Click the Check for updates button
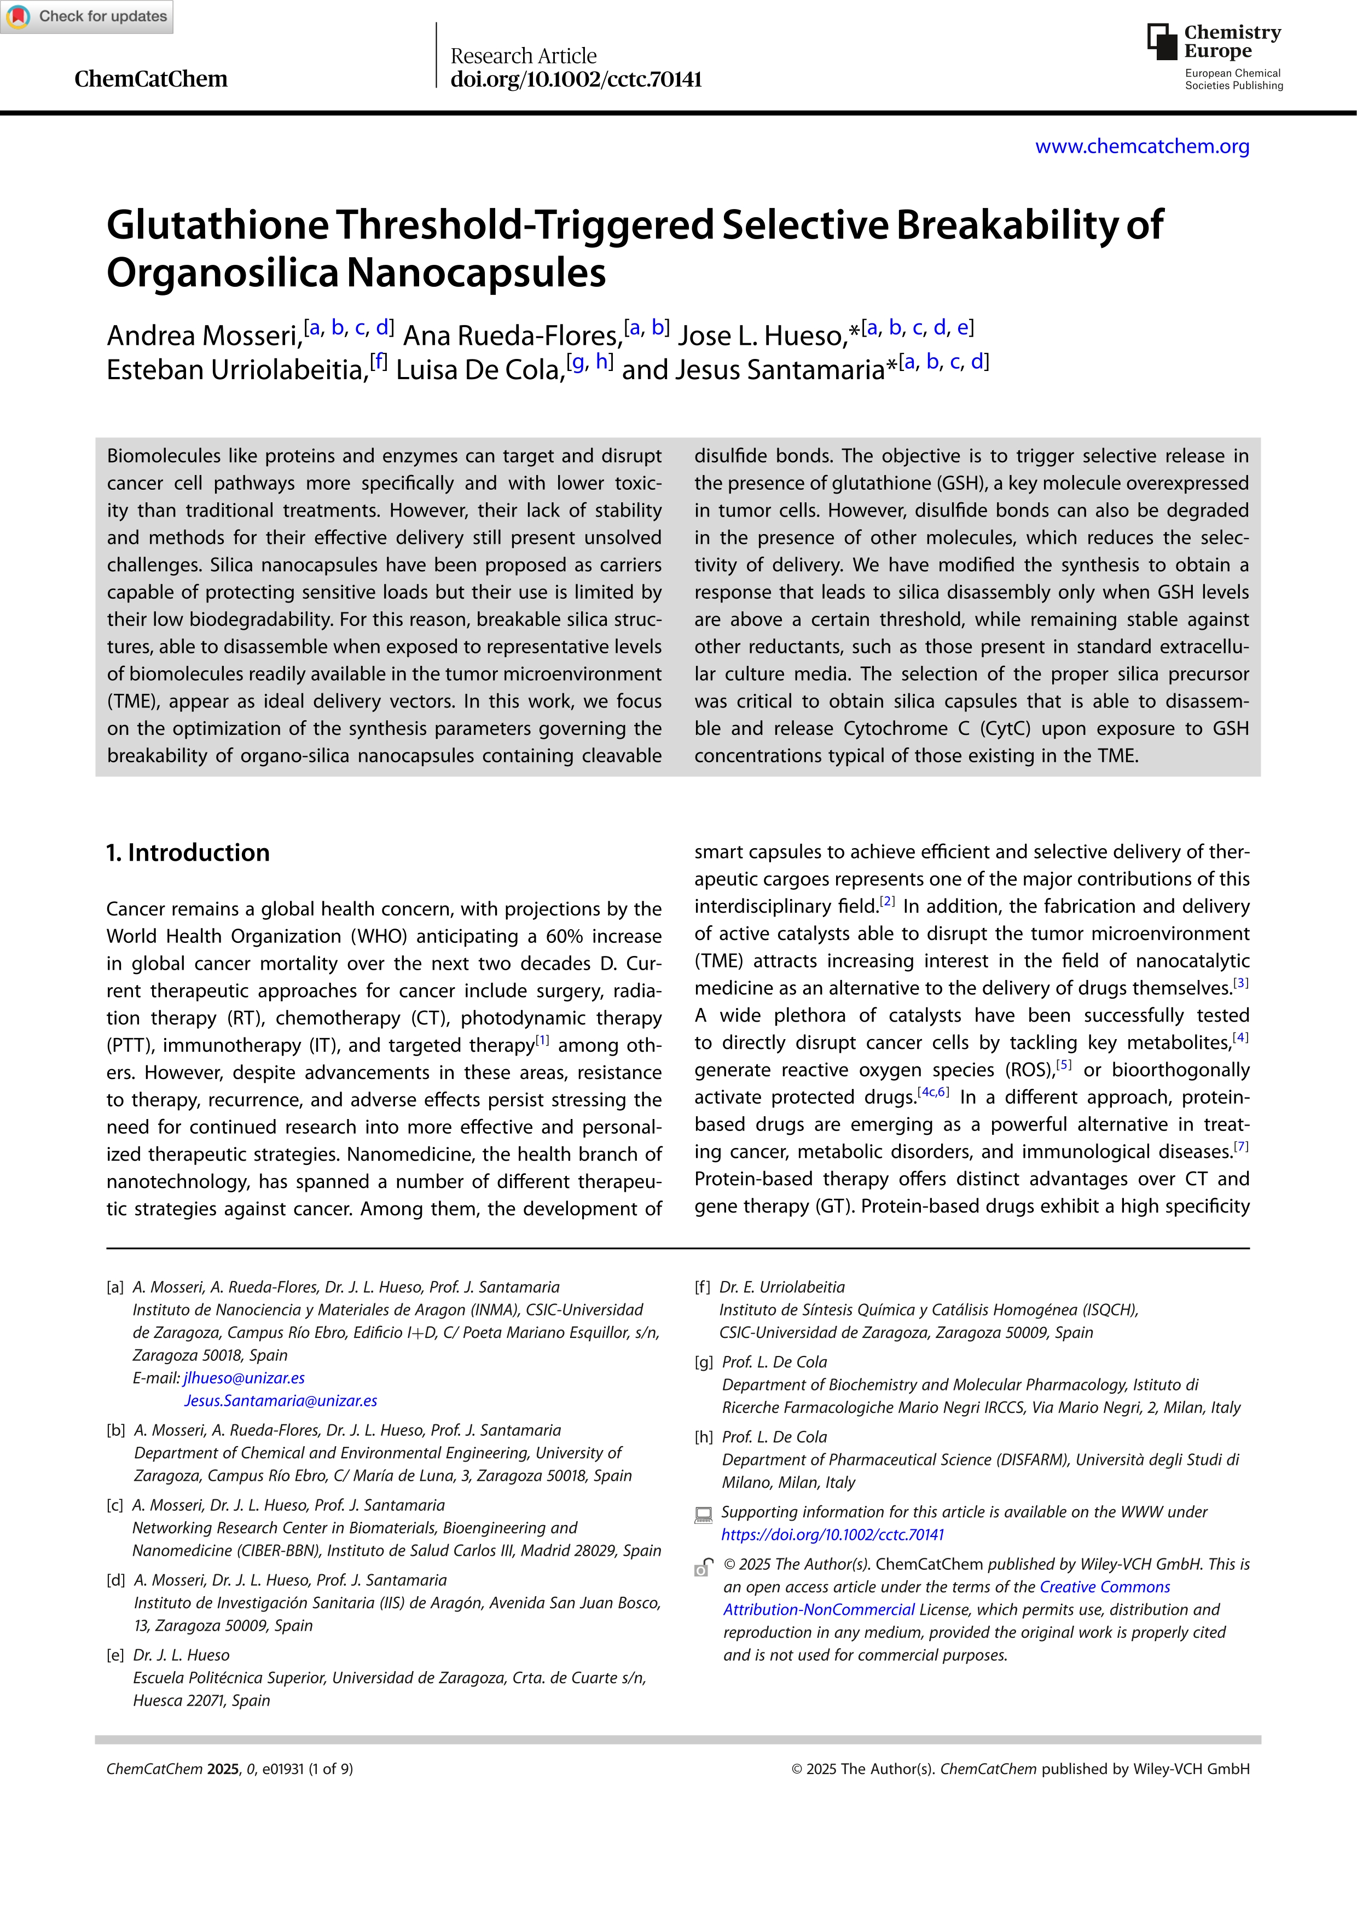click(87, 17)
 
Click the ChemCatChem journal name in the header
click(150, 79)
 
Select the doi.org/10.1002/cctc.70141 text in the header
click(576, 79)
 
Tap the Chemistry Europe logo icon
click(1162, 41)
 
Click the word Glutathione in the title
click(218, 225)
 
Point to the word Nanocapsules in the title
click(476, 273)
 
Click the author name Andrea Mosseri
click(203, 335)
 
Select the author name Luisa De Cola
click(480, 369)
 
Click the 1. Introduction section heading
click(188, 853)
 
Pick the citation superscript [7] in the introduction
click(1241, 1147)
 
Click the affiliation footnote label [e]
click(115, 1655)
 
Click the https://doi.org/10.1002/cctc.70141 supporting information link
click(832, 1534)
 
